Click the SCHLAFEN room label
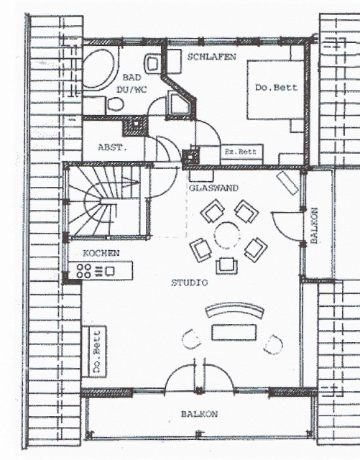211,56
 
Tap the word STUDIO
190,282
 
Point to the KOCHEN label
101,253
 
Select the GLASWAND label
213,188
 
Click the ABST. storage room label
113,147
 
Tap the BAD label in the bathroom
131,78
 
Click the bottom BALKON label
199,414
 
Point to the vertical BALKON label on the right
314,225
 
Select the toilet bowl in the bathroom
116,104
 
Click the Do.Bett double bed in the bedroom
275,89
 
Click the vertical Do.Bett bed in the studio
94,351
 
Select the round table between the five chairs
227,236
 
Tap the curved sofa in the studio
234,310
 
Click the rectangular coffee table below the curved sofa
234,332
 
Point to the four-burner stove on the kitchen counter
83,271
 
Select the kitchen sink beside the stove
110,271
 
